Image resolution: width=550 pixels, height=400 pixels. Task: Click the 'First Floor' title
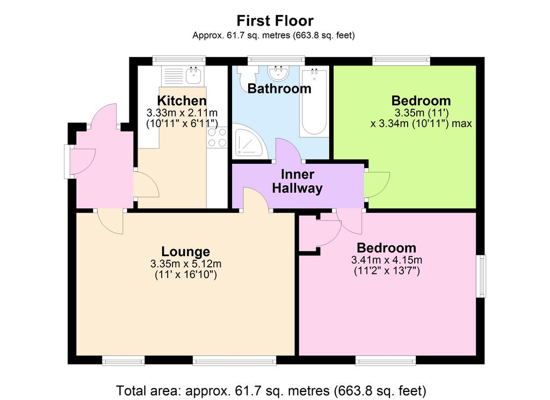[x=275, y=21]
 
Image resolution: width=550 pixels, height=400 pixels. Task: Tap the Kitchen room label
[x=182, y=100]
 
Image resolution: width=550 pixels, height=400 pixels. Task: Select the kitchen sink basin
[x=193, y=75]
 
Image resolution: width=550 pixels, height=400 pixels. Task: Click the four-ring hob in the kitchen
[x=217, y=137]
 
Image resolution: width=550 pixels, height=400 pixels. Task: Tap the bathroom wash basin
[x=279, y=72]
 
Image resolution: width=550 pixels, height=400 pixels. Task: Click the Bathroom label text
[x=279, y=89]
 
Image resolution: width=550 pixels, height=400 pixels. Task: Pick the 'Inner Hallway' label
[x=297, y=181]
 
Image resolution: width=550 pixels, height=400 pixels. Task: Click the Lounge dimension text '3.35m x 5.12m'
[x=185, y=264]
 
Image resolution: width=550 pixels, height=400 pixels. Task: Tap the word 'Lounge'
[x=185, y=251]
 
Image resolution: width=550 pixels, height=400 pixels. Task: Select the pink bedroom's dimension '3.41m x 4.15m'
[x=387, y=260]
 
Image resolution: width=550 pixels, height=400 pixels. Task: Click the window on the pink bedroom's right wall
[x=481, y=277]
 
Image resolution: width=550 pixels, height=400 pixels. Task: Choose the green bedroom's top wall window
[x=401, y=61]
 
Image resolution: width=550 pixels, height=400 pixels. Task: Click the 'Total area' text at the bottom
[x=271, y=390]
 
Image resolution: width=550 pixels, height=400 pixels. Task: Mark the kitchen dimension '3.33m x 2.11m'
[x=182, y=113]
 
